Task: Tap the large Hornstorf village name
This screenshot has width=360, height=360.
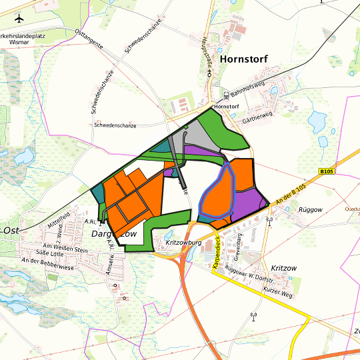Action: point(243,59)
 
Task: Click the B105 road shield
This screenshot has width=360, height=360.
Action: point(326,171)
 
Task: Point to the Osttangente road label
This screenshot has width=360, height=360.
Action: point(89,40)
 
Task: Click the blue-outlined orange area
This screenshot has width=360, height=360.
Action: point(217,197)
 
